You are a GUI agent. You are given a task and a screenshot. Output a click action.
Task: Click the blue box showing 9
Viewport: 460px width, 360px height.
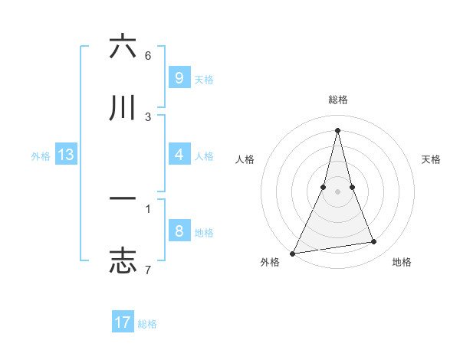pos(179,78)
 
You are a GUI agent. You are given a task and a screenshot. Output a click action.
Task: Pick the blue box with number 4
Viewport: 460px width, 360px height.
pos(179,155)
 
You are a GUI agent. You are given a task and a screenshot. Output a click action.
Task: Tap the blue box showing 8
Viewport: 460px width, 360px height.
pos(179,232)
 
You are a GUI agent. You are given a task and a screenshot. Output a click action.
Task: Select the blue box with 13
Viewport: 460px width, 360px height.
pos(66,155)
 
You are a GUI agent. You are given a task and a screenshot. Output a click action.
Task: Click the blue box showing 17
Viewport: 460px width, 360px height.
pos(123,322)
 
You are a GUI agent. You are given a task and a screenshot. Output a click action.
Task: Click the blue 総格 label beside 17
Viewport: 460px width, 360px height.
pos(147,324)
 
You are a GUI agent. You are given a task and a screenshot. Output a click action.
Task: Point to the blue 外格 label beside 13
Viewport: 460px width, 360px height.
pos(41,156)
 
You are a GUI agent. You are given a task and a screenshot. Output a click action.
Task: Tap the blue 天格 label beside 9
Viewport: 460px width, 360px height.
pos(204,79)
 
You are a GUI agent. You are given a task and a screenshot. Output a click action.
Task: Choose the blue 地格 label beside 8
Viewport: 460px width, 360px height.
pos(204,233)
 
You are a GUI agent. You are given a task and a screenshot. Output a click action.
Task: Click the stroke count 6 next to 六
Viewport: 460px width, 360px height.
pos(148,56)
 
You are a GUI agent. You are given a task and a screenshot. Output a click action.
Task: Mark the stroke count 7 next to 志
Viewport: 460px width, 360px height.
pos(148,270)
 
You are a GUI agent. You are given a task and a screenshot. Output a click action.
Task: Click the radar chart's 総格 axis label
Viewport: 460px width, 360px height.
pos(338,100)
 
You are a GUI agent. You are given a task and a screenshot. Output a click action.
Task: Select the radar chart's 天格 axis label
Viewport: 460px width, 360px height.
pos(432,159)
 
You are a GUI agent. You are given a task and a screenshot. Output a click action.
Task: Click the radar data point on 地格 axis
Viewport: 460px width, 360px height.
pos(374,242)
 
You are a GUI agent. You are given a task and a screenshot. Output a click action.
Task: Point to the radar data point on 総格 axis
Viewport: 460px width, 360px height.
pos(338,129)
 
